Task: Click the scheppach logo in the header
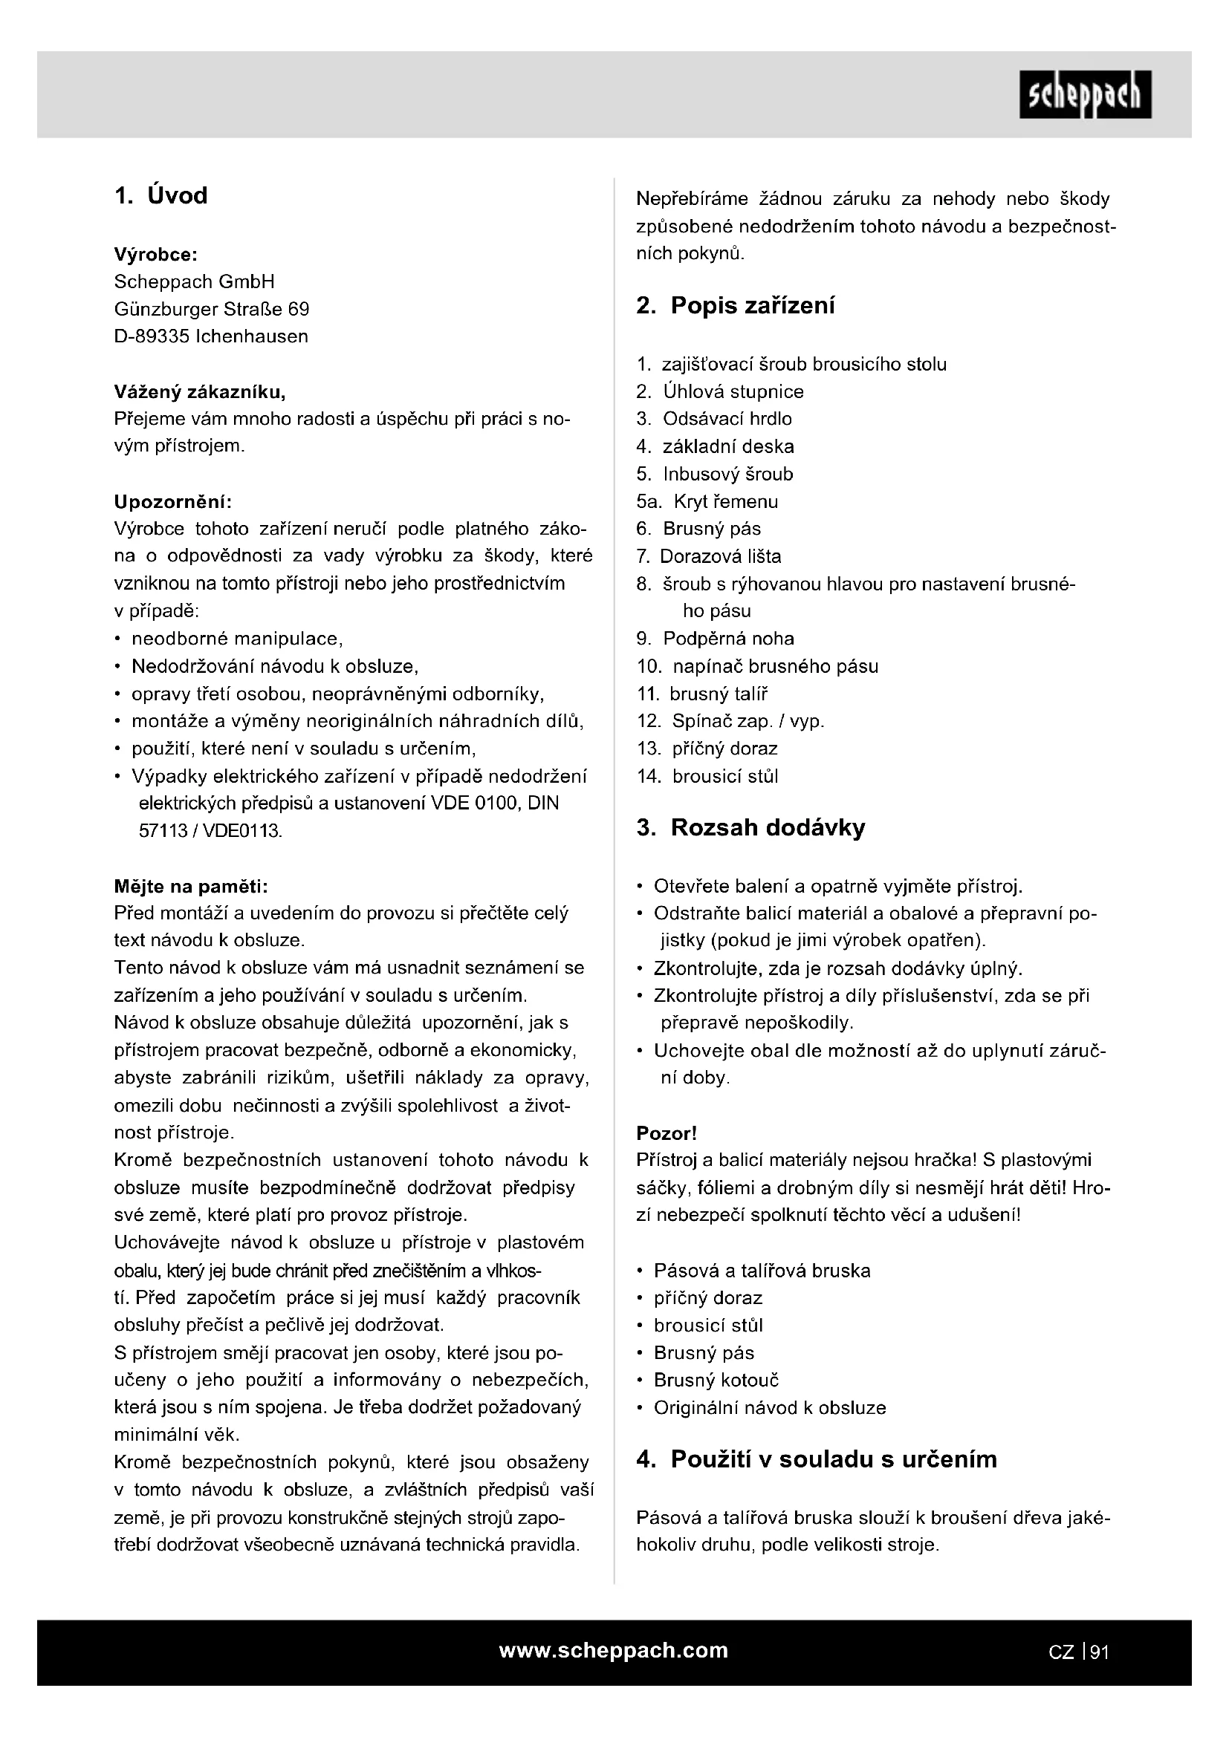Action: click(1085, 95)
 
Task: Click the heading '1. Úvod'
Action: click(160, 196)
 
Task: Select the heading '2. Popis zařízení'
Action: click(736, 306)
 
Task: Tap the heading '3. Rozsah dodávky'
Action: click(750, 827)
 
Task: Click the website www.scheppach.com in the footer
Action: click(614, 1651)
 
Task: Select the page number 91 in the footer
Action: click(1100, 1652)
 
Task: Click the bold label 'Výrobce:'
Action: click(155, 254)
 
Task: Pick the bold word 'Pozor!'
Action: click(666, 1133)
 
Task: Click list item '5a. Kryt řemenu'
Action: click(707, 501)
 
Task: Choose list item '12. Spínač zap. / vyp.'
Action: click(730, 721)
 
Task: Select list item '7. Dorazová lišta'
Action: click(708, 557)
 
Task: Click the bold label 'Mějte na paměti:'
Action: click(191, 886)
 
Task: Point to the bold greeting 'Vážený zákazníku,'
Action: click(200, 392)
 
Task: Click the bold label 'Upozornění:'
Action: click(172, 501)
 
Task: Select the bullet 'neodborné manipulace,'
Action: click(237, 639)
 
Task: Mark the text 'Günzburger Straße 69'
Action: click(211, 310)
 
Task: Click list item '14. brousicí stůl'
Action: click(707, 776)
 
